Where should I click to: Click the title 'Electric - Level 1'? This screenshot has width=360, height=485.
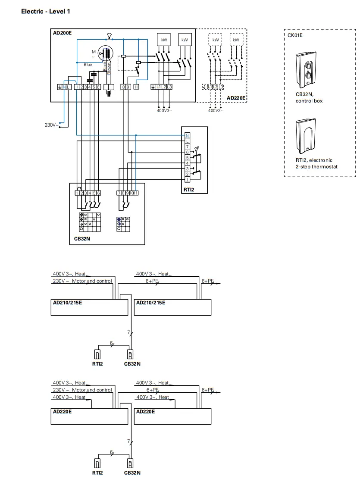(45, 11)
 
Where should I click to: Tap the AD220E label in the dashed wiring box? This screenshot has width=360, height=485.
(236, 98)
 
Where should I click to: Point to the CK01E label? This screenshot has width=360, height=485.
(295, 35)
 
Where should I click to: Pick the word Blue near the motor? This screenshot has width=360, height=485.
(88, 65)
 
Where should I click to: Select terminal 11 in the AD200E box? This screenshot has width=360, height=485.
(136, 87)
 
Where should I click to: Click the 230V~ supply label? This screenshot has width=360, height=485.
(52, 125)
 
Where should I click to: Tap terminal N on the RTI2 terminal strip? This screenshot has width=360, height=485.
(187, 136)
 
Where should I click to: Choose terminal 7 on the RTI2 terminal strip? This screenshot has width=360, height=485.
(187, 147)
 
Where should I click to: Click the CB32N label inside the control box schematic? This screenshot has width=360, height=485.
(81, 238)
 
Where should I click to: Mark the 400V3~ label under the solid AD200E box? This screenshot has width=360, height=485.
(164, 111)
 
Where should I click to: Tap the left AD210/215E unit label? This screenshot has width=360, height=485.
(67, 303)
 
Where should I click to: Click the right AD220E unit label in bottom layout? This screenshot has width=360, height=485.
(145, 412)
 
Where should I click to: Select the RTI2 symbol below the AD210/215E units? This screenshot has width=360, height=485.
(97, 355)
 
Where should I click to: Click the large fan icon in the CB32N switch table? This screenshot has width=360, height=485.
(82, 214)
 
